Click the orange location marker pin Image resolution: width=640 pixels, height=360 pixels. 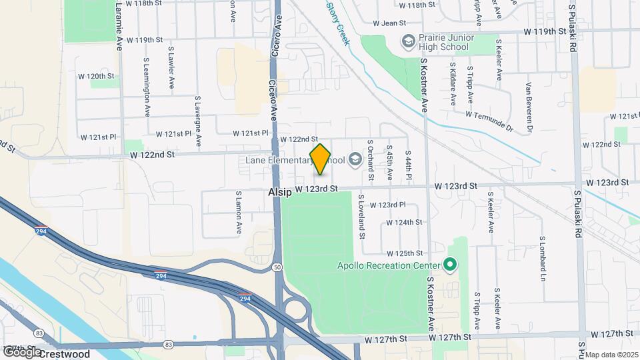coord(321,159)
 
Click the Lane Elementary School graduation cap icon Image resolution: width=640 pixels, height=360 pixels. coord(355,159)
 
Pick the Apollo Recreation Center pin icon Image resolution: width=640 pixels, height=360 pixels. coord(450,265)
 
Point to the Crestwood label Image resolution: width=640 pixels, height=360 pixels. coord(64,353)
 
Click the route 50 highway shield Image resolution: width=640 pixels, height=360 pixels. coord(276,267)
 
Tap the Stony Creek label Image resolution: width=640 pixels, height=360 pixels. coord(338,23)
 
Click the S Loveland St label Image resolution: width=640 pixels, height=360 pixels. coord(362,217)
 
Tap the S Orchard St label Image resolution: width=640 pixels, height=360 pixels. coord(371,160)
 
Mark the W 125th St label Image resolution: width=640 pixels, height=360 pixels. coord(405,253)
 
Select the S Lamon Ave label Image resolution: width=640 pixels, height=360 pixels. coord(239,213)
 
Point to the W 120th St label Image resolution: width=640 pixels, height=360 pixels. coord(96,76)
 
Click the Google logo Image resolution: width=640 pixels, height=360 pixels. coord(22,351)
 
